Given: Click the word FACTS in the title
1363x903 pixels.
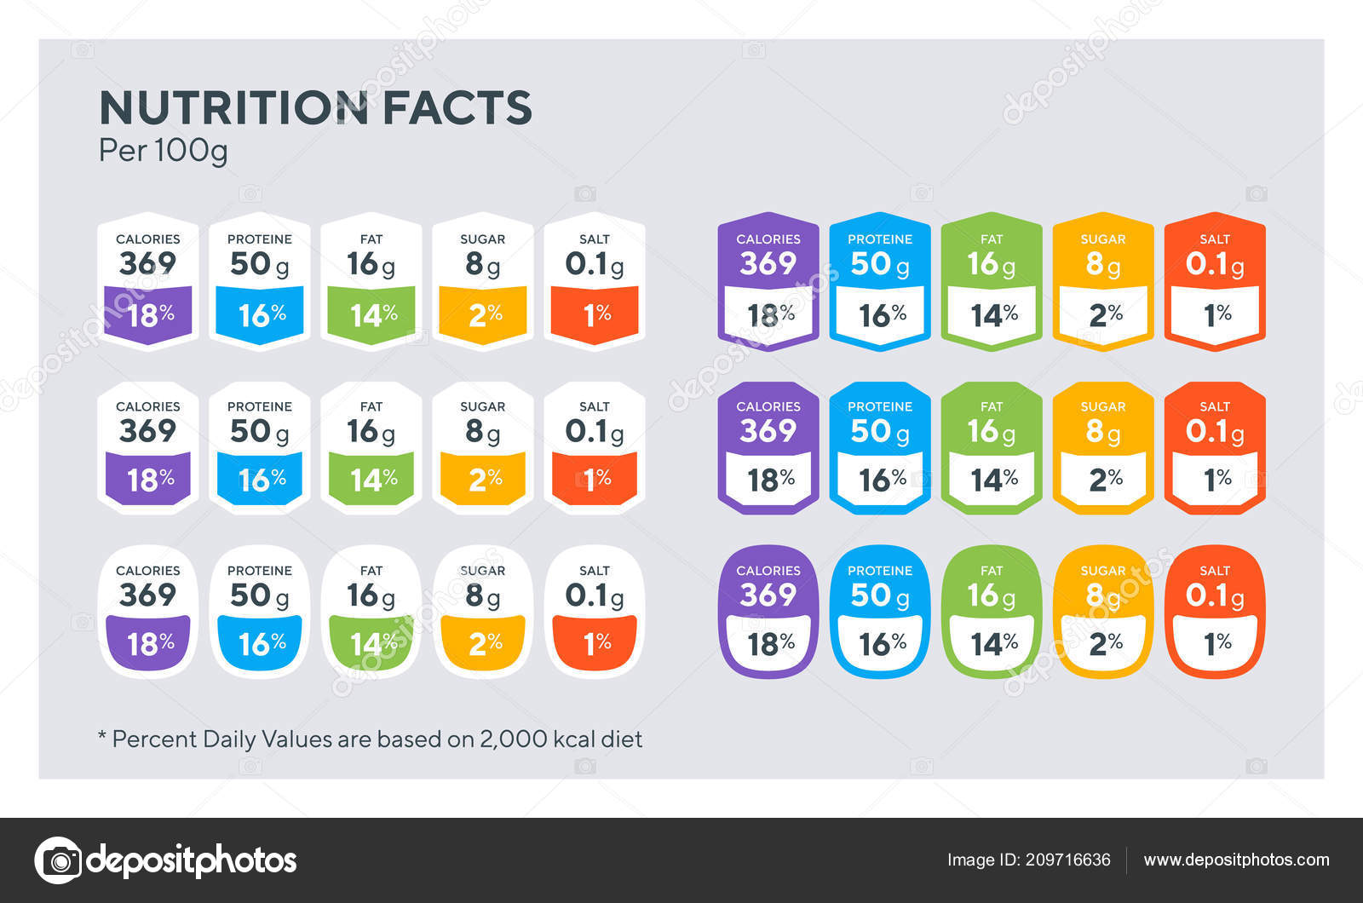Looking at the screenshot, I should (x=457, y=108).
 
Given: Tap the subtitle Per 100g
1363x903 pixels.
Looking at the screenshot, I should (x=163, y=151).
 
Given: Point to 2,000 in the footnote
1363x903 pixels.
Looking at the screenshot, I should (x=513, y=739).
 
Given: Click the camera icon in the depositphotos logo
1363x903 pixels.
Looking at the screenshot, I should (x=58, y=860).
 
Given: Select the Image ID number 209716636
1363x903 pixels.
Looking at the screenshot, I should (x=1067, y=860).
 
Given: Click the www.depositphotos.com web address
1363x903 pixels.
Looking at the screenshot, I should (x=1236, y=860).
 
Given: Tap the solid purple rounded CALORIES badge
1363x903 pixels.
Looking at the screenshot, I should (x=768, y=611).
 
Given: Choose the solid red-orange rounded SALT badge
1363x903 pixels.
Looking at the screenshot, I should (x=1215, y=611).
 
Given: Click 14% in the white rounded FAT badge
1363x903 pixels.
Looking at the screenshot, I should (x=373, y=644).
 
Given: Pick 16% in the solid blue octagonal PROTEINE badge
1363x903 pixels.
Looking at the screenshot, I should (x=882, y=480).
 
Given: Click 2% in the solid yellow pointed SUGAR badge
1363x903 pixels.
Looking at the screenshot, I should (x=1105, y=315).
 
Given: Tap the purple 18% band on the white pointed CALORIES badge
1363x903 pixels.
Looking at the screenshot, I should (x=149, y=315).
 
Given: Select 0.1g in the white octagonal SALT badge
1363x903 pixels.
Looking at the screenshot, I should (x=595, y=432).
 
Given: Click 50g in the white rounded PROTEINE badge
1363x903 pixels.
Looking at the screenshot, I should (x=259, y=595).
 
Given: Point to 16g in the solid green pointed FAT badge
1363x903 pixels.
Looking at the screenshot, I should (x=991, y=265).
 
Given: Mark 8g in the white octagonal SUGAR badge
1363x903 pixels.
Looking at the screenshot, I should (x=482, y=432).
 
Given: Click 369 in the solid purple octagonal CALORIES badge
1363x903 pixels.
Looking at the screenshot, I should (x=768, y=431).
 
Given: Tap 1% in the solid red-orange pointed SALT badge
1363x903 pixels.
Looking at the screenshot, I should (x=1216, y=315).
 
